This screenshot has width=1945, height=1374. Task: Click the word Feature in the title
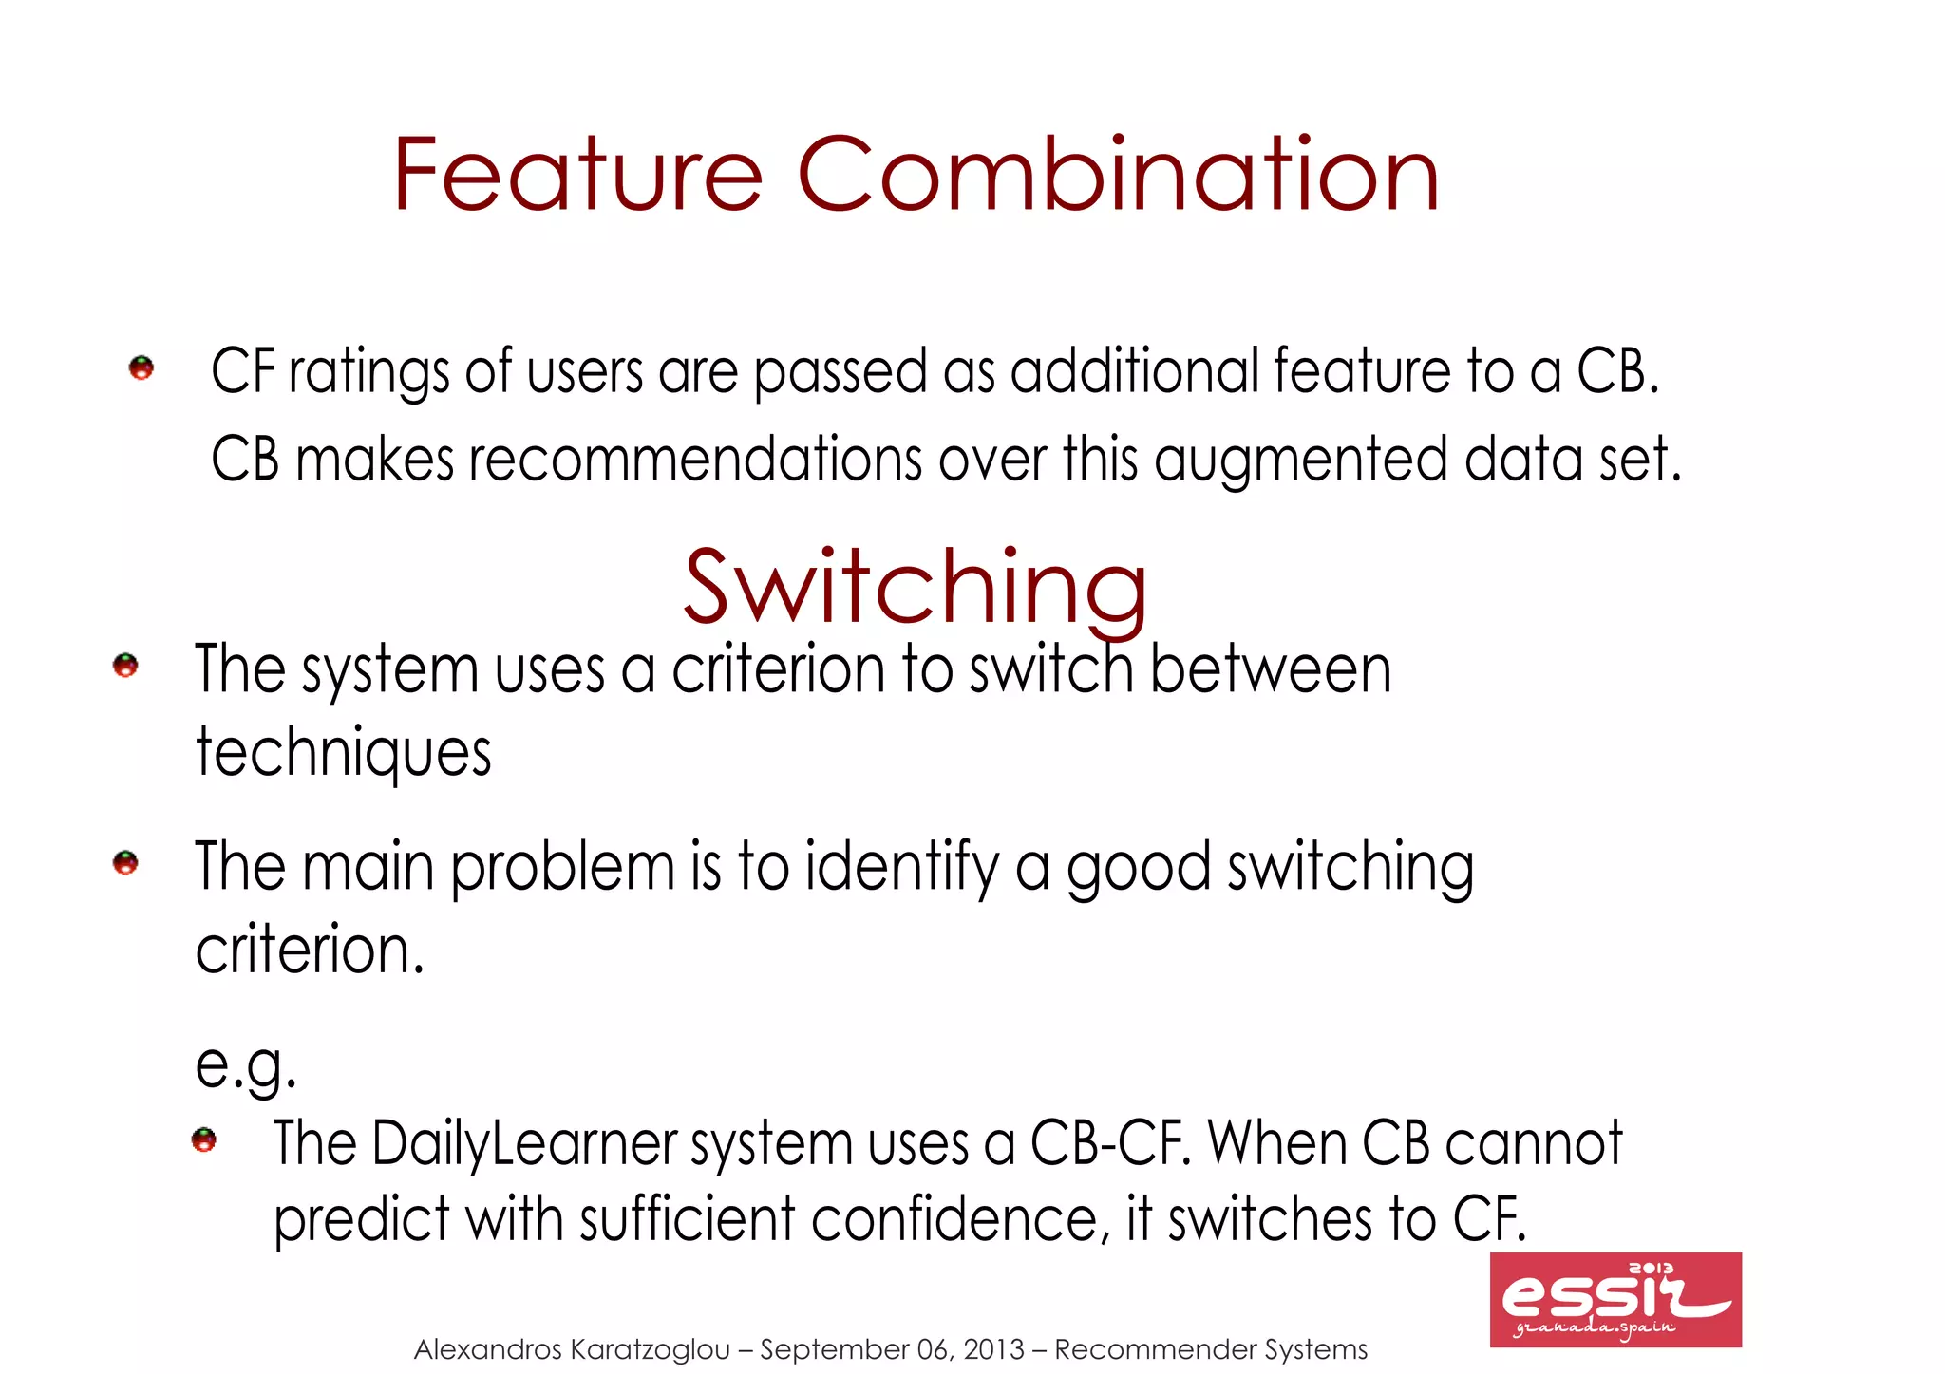click(x=577, y=176)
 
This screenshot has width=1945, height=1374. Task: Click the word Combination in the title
click(x=1118, y=176)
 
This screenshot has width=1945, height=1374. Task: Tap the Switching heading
click(x=916, y=589)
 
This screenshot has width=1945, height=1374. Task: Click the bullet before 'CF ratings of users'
click(x=142, y=368)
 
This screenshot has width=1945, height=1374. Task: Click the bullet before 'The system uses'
click(x=125, y=666)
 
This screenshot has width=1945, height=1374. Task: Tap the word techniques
click(x=344, y=753)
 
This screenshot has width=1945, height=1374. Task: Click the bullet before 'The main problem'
click(x=125, y=863)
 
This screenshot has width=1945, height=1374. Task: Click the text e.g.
click(x=245, y=1065)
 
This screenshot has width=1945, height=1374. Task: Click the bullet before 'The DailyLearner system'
click(x=204, y=1139)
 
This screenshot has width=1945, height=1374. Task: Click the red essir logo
click(x=1615, y=1300)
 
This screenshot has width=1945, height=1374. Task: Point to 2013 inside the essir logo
click(x=1652, y=1269)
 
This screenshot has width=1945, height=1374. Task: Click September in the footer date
click(x=834, y=1349)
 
